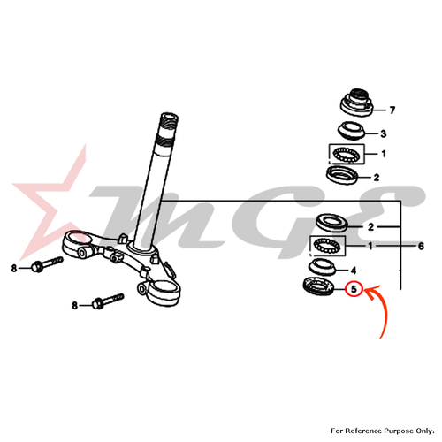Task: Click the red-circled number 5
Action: [354, 289]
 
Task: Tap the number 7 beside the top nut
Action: [392, 110]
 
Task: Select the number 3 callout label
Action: [383, 133]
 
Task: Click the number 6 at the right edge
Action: [421, 246]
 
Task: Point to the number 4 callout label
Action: [354, 271]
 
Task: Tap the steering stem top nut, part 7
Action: [357, 103]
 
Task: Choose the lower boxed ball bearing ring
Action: [328, 246]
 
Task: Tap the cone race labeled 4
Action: [322, 266]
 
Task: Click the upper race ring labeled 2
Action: [342, 175]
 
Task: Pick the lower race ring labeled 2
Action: [331, 223]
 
